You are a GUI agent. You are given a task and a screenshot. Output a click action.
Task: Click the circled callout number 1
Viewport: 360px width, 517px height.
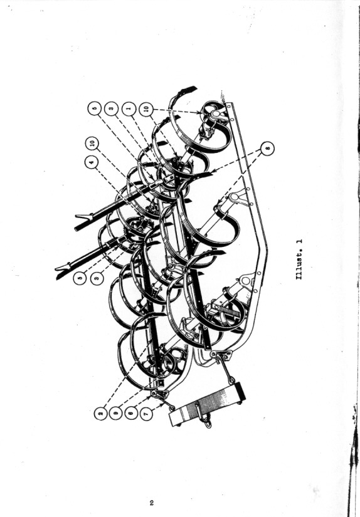pyautogui.click(x=129, y=108)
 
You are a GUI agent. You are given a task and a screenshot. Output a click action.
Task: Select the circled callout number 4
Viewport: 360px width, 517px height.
pyautogui.click(x=92, y=162)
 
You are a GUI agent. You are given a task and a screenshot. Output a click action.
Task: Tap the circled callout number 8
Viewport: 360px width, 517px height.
pyautogui.click(x=267, y=149)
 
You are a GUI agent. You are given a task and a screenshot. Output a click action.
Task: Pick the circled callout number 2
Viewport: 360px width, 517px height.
pyautogui.click(x=100, y=414)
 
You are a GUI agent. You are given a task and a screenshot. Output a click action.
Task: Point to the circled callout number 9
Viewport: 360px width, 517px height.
pyautogui.click(x=115, y=414)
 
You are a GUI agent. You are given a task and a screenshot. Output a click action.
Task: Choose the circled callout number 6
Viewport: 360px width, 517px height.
pyautogui.click(x=131, y=414)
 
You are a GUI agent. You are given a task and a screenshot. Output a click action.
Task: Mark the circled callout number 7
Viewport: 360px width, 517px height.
pyautogui.click(x=147, y=414)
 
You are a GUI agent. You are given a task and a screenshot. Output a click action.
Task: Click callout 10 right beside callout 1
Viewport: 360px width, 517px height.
pyautogui.click(x=146, y=108)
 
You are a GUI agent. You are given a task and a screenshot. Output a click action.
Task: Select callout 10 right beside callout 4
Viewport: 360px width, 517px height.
pyautogui.click(x=92, y=143)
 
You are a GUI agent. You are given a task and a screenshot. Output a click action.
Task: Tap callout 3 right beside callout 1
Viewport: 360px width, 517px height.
pyautogui.click(x=111, y=108)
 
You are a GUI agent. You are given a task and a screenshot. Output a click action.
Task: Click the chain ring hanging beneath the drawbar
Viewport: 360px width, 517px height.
pyautogui.click(x=208, y=422)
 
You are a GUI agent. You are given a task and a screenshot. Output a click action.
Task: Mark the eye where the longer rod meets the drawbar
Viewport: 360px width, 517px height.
pyautogui.click(x=232, y=380)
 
